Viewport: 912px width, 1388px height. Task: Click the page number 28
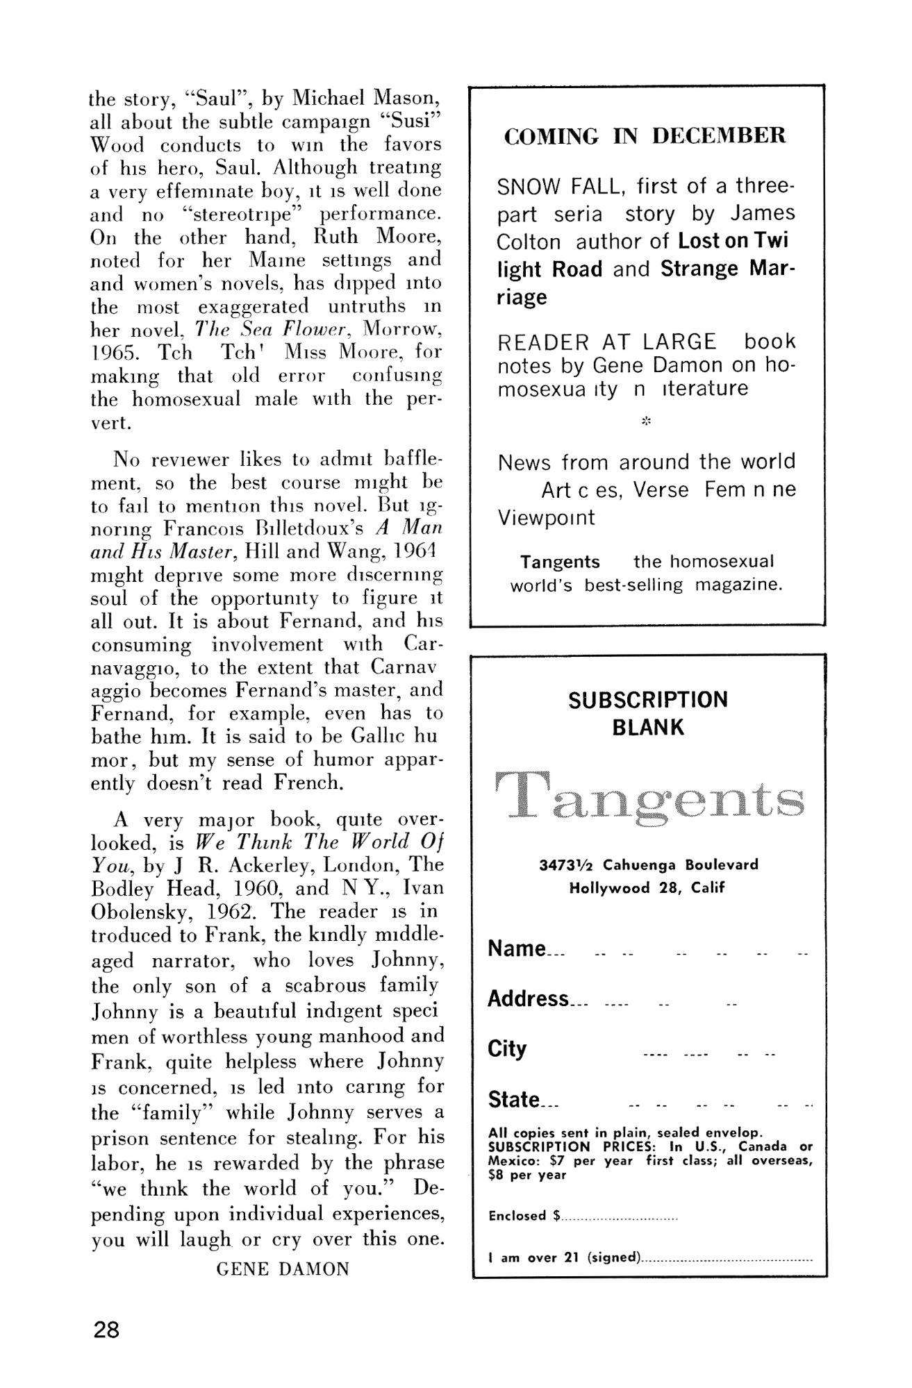click(x=107, y=1330)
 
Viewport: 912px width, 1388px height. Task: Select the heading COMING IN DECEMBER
click(x=645, y=136)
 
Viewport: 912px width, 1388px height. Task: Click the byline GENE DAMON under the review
click(x=283, y=1269)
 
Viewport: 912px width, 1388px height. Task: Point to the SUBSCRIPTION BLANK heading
click(x=648, y=713)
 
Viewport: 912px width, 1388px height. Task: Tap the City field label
click(x=507, y=1048)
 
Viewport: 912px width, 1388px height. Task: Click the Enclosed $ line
click(x=583, y=1216)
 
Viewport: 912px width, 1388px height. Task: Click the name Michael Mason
click(x=367, y=98)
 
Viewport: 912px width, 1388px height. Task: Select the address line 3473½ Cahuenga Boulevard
click(x=649, y=865)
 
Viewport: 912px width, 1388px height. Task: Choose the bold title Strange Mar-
click(x=727, y=269)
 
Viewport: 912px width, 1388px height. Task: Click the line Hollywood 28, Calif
click(x=647, y=888)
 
